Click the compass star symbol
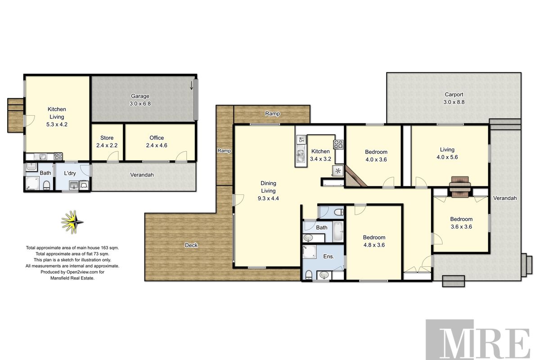pos(72,221)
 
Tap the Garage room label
pos(140,99)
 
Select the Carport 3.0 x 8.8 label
pos(454,98)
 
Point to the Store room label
pos(107,141)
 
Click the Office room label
pos(157,141)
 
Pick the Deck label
pos(191,245)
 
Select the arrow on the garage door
pos(192,85)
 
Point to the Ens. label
pos(329,256)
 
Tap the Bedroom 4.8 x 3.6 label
pos(374,241)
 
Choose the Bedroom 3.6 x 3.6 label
pos(461,223)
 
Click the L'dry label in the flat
pos(69,173)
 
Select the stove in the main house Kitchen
pos(337,144)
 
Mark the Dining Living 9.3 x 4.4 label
pos(268,190)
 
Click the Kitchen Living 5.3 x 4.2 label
pos(57,117)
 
